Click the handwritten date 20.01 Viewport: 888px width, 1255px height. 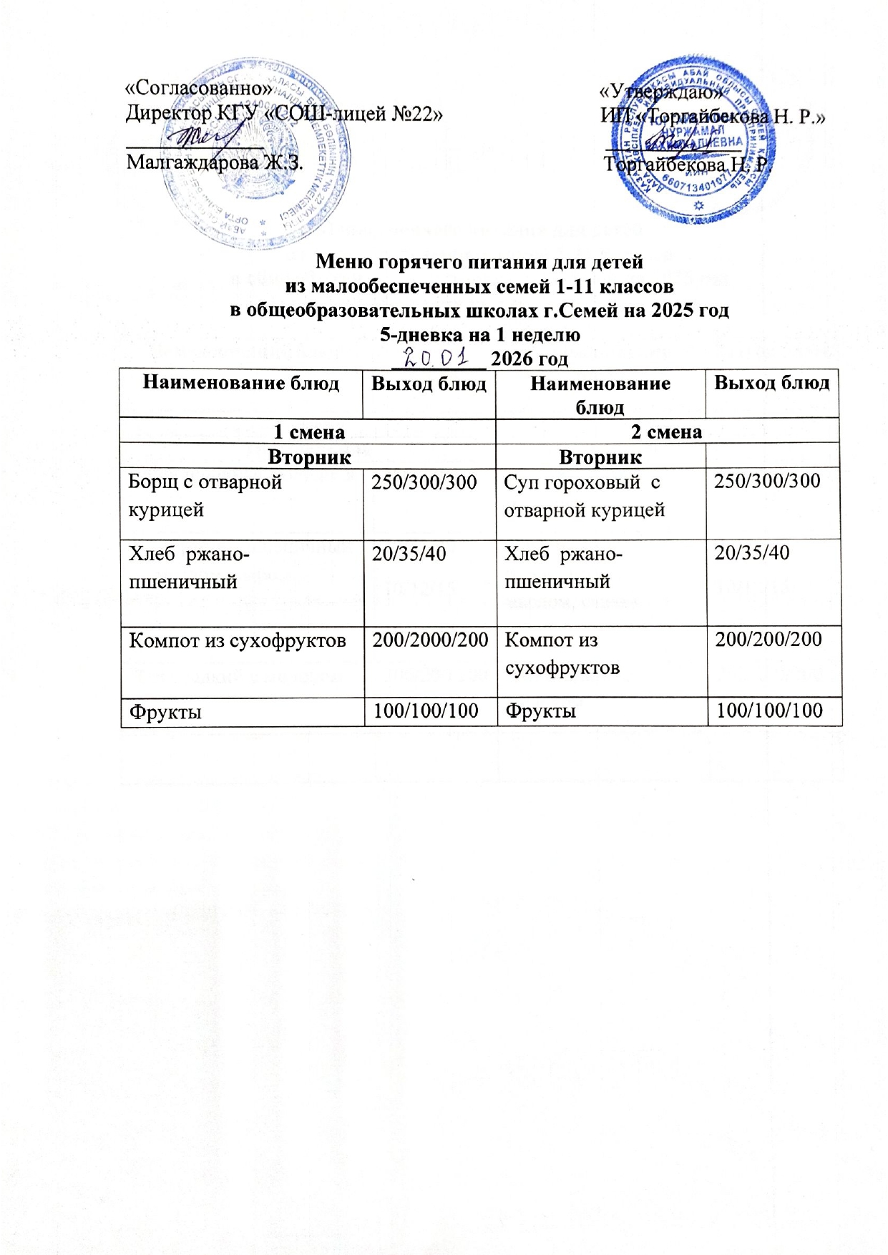[436, 356]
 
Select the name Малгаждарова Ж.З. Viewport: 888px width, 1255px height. [215, 162]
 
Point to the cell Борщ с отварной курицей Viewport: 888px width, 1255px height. [205, 495]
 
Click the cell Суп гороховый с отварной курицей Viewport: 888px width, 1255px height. [585, 495]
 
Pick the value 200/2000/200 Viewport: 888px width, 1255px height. [429, 639]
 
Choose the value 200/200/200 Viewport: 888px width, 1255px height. [769, 639]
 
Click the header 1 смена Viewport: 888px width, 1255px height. [310, 432]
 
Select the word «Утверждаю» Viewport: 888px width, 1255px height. [660, 92]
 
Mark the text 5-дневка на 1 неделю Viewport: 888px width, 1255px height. [479, 334]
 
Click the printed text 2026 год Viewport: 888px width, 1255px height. [530, 358]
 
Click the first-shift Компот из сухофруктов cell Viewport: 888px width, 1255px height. [237, 640]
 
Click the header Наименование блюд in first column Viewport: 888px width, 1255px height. [241, 384]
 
